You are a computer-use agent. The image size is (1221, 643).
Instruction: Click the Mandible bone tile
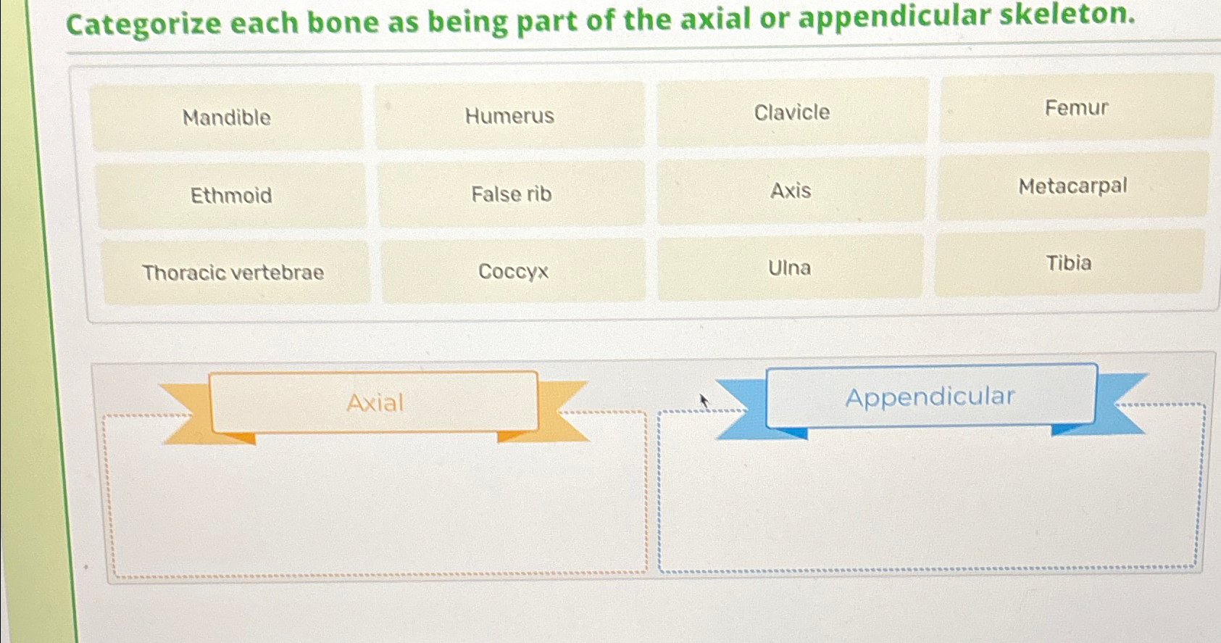pyautogui.click(x=226, y=117)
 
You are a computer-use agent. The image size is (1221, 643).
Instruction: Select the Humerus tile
pyautogui.click(x=509, y=116)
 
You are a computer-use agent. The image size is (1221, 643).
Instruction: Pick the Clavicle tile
pyautogui.click(x=792, y=112)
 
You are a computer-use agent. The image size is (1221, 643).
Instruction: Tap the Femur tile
pyautogui.click(x=1076, y=108)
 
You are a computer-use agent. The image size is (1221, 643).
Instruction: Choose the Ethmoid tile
pyautogui.click(x=231, y=195)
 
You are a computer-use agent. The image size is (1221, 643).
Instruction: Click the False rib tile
pyautogui.click(x=512, y=194)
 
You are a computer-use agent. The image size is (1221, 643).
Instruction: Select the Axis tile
pyautogui.click(x=791, y=191)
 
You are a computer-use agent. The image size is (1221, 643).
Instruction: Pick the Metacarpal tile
pyautogui.click(x=1072, y=186)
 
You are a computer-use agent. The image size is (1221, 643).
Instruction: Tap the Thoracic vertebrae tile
pyautogui.click(x=233, y=273)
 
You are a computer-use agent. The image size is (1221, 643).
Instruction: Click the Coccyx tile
pyautogui.click(x=513, y=271)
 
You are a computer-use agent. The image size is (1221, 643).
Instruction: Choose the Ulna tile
pyautogui.click(x=789, y=267)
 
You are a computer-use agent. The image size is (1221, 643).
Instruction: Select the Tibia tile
pyautogui.click(x=1068, y=262)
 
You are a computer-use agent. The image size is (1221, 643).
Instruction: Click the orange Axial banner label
pyautogui.click(x=374, y=402)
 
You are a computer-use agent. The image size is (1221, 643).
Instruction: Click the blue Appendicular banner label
pyautogui.click(x=930, y=396)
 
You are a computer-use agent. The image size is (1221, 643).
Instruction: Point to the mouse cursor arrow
pyautogui.click(x=702, y=399)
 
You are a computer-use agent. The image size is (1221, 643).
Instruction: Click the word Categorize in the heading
pyautogui.click(x=143, y=24)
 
